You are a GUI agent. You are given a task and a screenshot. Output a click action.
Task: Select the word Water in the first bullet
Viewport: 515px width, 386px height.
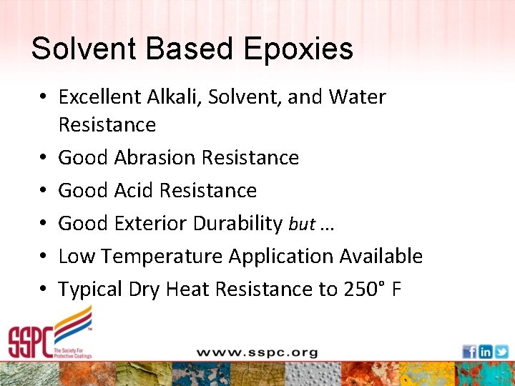coord(357,97)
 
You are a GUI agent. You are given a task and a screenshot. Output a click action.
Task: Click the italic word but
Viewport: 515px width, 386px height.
coord(302,224)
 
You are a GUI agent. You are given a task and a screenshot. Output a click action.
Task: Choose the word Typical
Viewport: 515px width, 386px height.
coord(88,289)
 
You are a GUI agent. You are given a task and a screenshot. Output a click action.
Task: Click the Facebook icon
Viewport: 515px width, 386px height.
coord(469,352)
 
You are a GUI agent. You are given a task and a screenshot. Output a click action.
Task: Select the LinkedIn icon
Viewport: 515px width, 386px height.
coord(485,352)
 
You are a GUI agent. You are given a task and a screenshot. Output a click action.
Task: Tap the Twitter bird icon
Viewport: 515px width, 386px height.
coord(501,352)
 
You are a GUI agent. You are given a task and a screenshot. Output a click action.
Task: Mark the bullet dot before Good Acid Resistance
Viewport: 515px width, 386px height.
coord(44,191)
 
